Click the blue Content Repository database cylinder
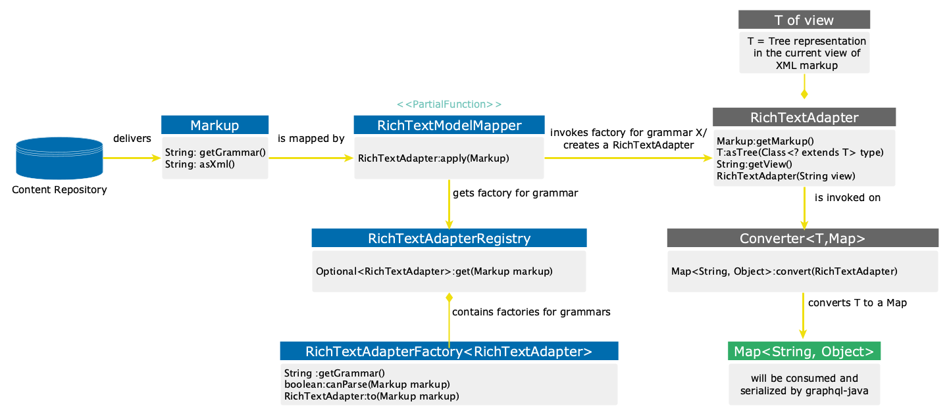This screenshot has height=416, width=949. click(59, 158)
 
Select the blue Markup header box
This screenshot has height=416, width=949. click(215, 125)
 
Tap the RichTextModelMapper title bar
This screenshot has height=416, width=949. click(449, 126)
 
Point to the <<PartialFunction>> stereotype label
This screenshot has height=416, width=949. click(449, 104)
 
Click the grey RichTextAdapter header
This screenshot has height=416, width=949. click(804, 118)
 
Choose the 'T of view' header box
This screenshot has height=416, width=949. click(804, 20)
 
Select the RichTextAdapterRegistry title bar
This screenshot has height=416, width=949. click(449, 238)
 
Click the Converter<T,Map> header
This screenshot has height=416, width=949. click(802, 238)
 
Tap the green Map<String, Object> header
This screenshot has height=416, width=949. click(804, 352)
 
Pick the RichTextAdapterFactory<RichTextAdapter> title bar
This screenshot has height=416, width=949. click(449, 352)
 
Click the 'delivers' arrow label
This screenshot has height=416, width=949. click(132, 139)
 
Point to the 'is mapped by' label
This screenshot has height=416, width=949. click(311, 139)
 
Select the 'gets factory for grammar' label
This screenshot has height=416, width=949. click(515, 193)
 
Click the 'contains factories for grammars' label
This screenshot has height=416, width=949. click(531, 312)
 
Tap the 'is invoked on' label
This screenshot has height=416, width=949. click(847, 197)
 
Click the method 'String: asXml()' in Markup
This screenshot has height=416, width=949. click(200, 164)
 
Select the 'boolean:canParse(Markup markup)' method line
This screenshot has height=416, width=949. click(367, 384)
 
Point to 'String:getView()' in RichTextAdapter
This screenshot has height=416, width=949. click(754, 164)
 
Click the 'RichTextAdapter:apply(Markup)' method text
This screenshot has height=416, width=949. click(434, 158)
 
